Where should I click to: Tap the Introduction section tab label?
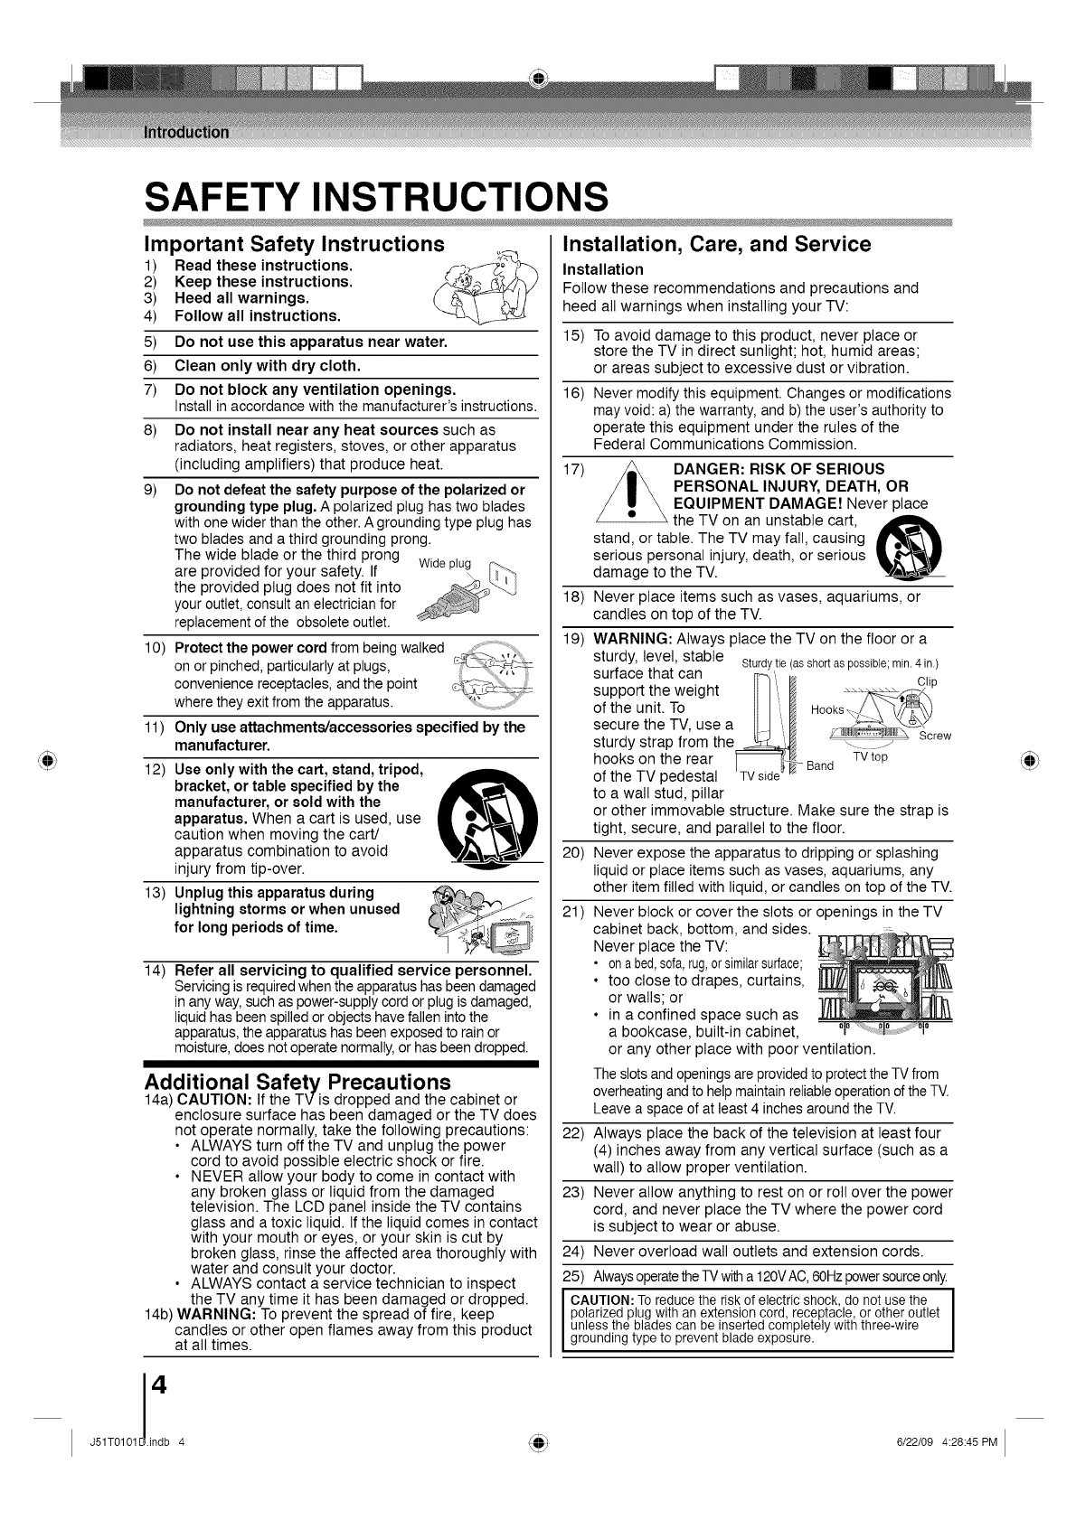[186, 131]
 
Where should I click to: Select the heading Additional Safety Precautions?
[297, 1081]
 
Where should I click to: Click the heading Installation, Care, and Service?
[716, 244]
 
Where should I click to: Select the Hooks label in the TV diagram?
[828, 709]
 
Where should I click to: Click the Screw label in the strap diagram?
[935, 736]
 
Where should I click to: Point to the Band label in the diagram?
[820, 765]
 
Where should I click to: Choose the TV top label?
[870, 757]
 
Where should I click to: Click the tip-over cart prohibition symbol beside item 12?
[489, 817]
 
